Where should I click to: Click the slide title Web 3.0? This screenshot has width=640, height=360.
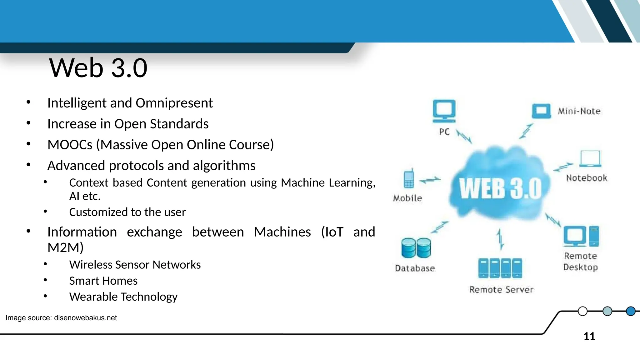coord(98,68)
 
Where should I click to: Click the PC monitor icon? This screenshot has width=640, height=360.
coord(444,111)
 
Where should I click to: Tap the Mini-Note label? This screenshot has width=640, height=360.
coord(579,111)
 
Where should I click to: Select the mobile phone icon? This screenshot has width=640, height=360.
coord(409,179)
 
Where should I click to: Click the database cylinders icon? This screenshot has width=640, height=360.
coord(416,248)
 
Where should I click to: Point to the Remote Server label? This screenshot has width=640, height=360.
coord(501,290)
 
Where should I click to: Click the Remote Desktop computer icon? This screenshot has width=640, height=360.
coord(581,236)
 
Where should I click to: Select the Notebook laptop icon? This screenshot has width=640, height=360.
coord(590,159)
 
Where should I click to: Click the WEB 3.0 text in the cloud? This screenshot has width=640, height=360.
coord(500,188)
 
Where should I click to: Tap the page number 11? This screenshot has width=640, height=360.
coord(589,337)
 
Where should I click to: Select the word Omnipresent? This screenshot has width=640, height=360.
coord(174,103)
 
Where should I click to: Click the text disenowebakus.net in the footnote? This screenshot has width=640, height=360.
coord(85,318)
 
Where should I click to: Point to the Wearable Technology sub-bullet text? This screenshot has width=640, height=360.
coord(123,297)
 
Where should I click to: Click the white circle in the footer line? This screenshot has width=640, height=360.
coord(582,311)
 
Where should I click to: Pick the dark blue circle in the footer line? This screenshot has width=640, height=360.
coord(631,311)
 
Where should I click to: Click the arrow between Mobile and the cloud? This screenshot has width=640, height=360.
coord(430,180)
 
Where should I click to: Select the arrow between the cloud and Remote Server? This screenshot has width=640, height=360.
coord(500,239)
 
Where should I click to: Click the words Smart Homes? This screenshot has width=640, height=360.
coord(103,281)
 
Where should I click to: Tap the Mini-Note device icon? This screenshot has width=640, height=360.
coord(541,111)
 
